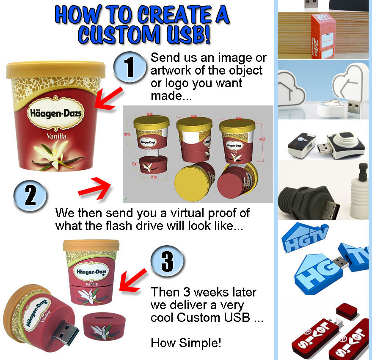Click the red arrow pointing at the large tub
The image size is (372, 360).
tap(108, 98)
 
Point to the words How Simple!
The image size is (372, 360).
tap(186, 343)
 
